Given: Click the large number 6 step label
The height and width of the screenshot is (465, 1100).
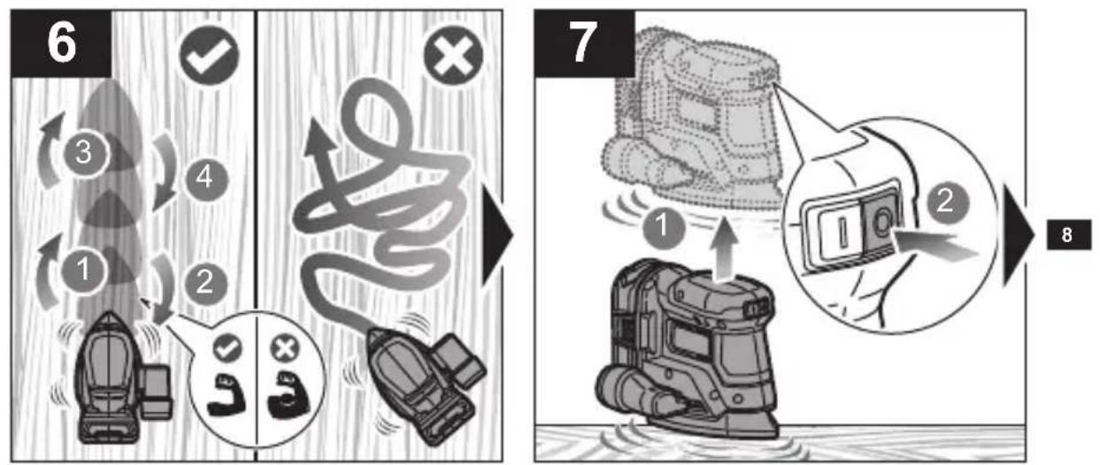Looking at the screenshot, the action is click(x=61, y=43).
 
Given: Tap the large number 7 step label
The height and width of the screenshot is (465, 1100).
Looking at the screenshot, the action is click(x=584, y=43).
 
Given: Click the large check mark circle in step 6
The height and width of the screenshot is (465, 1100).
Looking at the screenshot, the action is click(x=209, y=56).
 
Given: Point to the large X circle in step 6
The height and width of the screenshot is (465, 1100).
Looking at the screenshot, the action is click(x=453, y=56).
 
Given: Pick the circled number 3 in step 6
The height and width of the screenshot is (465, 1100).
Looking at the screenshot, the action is click(x=84, y=153).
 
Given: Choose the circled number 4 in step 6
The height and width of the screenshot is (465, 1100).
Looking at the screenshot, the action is click(x=206, y=178).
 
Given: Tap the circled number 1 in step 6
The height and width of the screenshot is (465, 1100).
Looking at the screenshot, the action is click(x=83, y=271).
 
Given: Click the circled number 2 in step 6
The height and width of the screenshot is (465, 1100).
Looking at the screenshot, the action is click(x=205, y=283).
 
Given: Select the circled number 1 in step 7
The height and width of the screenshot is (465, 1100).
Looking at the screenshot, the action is click(x=664, y=227).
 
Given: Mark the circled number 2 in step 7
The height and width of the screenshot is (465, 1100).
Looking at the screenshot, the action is click(x=947, y=202).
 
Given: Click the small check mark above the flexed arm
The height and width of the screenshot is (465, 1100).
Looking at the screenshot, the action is click(x=227, y=348).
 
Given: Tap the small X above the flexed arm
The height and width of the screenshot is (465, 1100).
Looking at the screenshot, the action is click(x=285, y=348).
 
